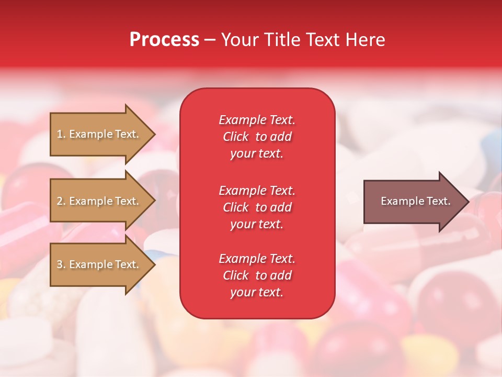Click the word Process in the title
click(x=164, y=40)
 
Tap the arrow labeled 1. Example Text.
click(x=99, y=134)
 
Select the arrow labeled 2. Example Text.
click(x=99, y=201)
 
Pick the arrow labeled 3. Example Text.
click(x=99, y=264)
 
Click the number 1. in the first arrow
click(x=61, y=134)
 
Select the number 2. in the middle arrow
click(x=61, y=201)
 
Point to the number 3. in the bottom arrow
click(x=61, y=264)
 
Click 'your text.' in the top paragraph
click(x=257, y=154)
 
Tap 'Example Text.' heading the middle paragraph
click(x=257, y=191)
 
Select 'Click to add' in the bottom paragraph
click(x=257, y=275)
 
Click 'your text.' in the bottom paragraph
click(x=257, y=293)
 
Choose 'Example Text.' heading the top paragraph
click(x=257, y=120)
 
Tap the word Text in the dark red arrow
click(x=438, y=201)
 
